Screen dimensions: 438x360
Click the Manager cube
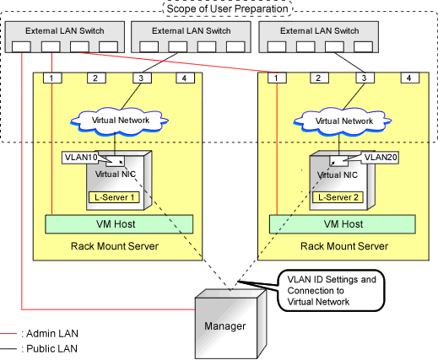coord(230,325)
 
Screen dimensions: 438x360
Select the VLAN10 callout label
coord(80,158)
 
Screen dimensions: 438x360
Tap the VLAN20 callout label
coord(381,158)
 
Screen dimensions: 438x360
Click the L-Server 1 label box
coord(114,197)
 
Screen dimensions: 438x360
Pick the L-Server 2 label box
coord(338,197)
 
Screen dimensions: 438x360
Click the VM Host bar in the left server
coord(119,224)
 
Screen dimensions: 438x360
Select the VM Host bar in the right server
coord(343,224)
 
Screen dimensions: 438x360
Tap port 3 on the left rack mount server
coord(142,78)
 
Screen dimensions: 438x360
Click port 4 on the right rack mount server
coord(410,78)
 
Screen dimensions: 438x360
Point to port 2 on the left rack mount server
coord(96,78)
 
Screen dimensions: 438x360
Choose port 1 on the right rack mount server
coord(277,78)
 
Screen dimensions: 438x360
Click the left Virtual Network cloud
coord(120,121)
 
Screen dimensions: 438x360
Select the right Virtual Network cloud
coord(343,121)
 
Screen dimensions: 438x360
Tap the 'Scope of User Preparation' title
coord(227,8)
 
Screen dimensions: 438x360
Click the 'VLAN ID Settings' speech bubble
coord(331,291)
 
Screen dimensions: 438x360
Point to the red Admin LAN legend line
coord(8,334)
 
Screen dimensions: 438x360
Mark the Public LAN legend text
coord(49,348)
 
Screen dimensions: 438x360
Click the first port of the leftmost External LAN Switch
coord(21,47)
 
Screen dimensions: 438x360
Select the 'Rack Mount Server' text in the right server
coord(344,246)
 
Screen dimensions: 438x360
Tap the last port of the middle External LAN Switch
coord(235,47)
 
